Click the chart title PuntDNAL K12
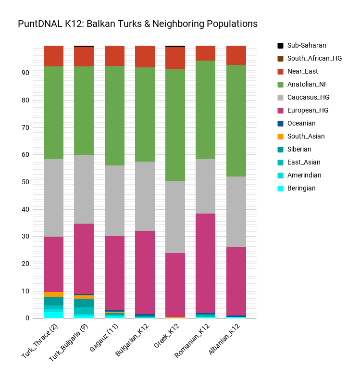(137, 24)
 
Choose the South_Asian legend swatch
(280, 137)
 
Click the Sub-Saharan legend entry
(307, 46)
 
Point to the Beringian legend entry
(301, 189)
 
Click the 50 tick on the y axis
(25, 182)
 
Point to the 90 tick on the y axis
(25, 73)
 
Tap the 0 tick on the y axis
(27, 318)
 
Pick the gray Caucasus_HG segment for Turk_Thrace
(53, 198)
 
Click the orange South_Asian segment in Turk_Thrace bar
(53, 294)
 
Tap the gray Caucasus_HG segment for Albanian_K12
(236, 212)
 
